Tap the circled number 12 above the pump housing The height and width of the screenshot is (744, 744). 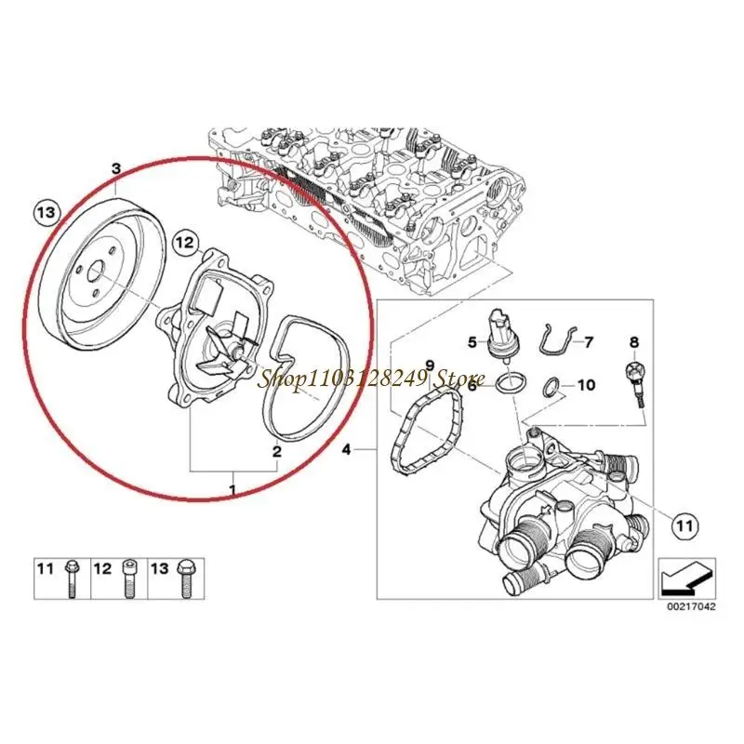point(185,243)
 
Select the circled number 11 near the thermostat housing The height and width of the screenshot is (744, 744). point(685,525)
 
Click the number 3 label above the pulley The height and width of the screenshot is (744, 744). point(116,168)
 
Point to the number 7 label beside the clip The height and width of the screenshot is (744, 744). point(589,341)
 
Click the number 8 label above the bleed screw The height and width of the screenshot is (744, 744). point(634,341)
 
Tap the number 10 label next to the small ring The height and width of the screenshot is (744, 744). point(585,384)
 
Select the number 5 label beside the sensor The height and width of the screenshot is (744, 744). point(472,341)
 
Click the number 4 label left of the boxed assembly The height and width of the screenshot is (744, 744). point(346,449)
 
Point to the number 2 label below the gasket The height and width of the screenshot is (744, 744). point(276,451)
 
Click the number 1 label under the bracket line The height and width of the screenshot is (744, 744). point(232,489)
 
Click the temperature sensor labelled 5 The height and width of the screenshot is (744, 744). point(503,336)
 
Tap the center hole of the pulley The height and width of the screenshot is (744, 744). point(98,272)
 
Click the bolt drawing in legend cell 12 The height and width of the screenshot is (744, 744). point(128,578)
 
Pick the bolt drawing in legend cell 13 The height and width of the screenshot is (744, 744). point(184,578)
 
